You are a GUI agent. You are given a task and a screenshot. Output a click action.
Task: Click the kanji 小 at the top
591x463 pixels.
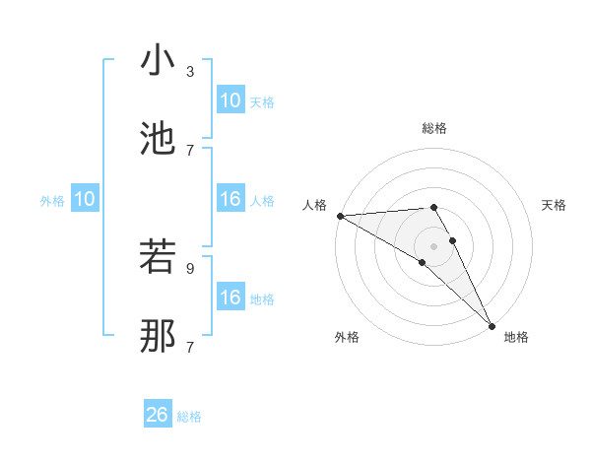[x=158, y=60]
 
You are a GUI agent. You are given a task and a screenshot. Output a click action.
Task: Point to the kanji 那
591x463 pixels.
[x=158, y=335]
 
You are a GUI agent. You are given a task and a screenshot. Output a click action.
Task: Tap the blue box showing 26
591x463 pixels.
[x=158, y=415]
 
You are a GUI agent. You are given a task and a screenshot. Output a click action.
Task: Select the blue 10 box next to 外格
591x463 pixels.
[x=85, y=199]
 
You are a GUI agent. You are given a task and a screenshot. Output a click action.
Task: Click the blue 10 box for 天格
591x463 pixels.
[x=230, y=99]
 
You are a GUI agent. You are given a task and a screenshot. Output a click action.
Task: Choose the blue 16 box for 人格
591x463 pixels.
[x=230, y=199]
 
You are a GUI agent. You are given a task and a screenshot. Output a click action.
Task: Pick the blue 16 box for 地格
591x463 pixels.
[x=230, y=298]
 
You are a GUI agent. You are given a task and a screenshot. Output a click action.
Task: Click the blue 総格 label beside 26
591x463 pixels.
[x=189, y=418]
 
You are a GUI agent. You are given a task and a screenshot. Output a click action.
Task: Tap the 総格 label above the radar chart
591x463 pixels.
[x=434, y=128]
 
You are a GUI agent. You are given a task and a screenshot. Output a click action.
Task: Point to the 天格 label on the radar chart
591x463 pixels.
[x=555, y=205]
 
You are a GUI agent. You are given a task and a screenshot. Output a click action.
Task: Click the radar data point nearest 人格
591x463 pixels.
[x=340, y=216]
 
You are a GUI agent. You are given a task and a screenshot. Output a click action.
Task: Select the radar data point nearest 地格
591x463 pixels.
[x=492, y=325]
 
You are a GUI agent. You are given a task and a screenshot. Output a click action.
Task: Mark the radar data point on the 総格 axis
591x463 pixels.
[x=433, y=208]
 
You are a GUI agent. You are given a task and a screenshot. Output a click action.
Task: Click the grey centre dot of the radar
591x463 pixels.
[x=434, y=245]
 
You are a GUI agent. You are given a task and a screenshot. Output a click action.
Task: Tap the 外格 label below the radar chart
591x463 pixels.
[x=346, y=337]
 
